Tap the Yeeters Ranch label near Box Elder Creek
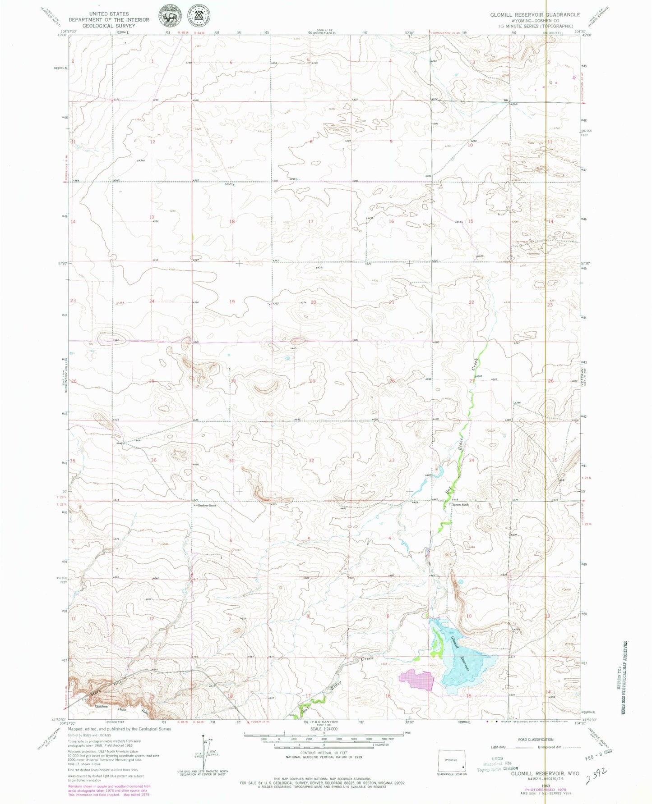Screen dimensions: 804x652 (x=460, y=505)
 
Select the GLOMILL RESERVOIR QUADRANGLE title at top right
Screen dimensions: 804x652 (x=535, y=15)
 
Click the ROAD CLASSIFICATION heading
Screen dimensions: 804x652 (x=536, y=740)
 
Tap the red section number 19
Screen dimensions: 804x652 (x=232, y=301)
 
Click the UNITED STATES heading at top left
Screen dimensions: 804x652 (x=109, y=14)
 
